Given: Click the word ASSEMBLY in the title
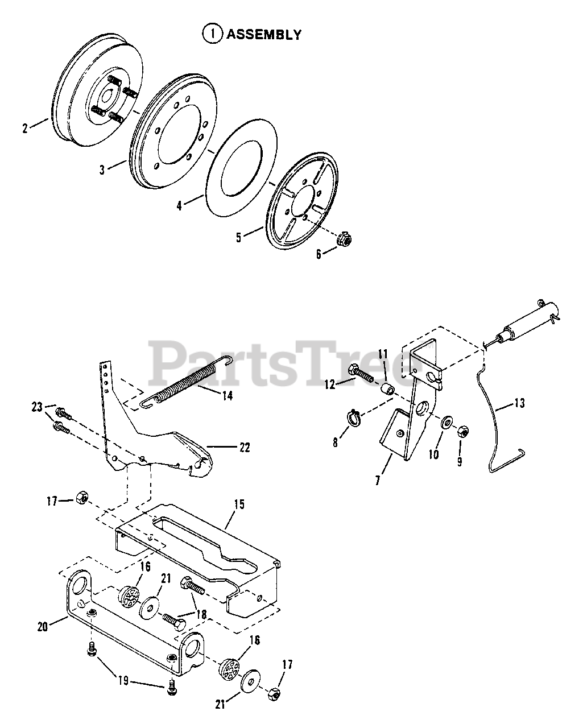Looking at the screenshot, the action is (x=264, y=35).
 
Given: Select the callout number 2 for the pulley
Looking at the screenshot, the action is (x=25, y=129).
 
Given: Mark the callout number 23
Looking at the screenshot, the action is (x=38, y=407).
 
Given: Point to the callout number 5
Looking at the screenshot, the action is (x=239, y=237).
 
